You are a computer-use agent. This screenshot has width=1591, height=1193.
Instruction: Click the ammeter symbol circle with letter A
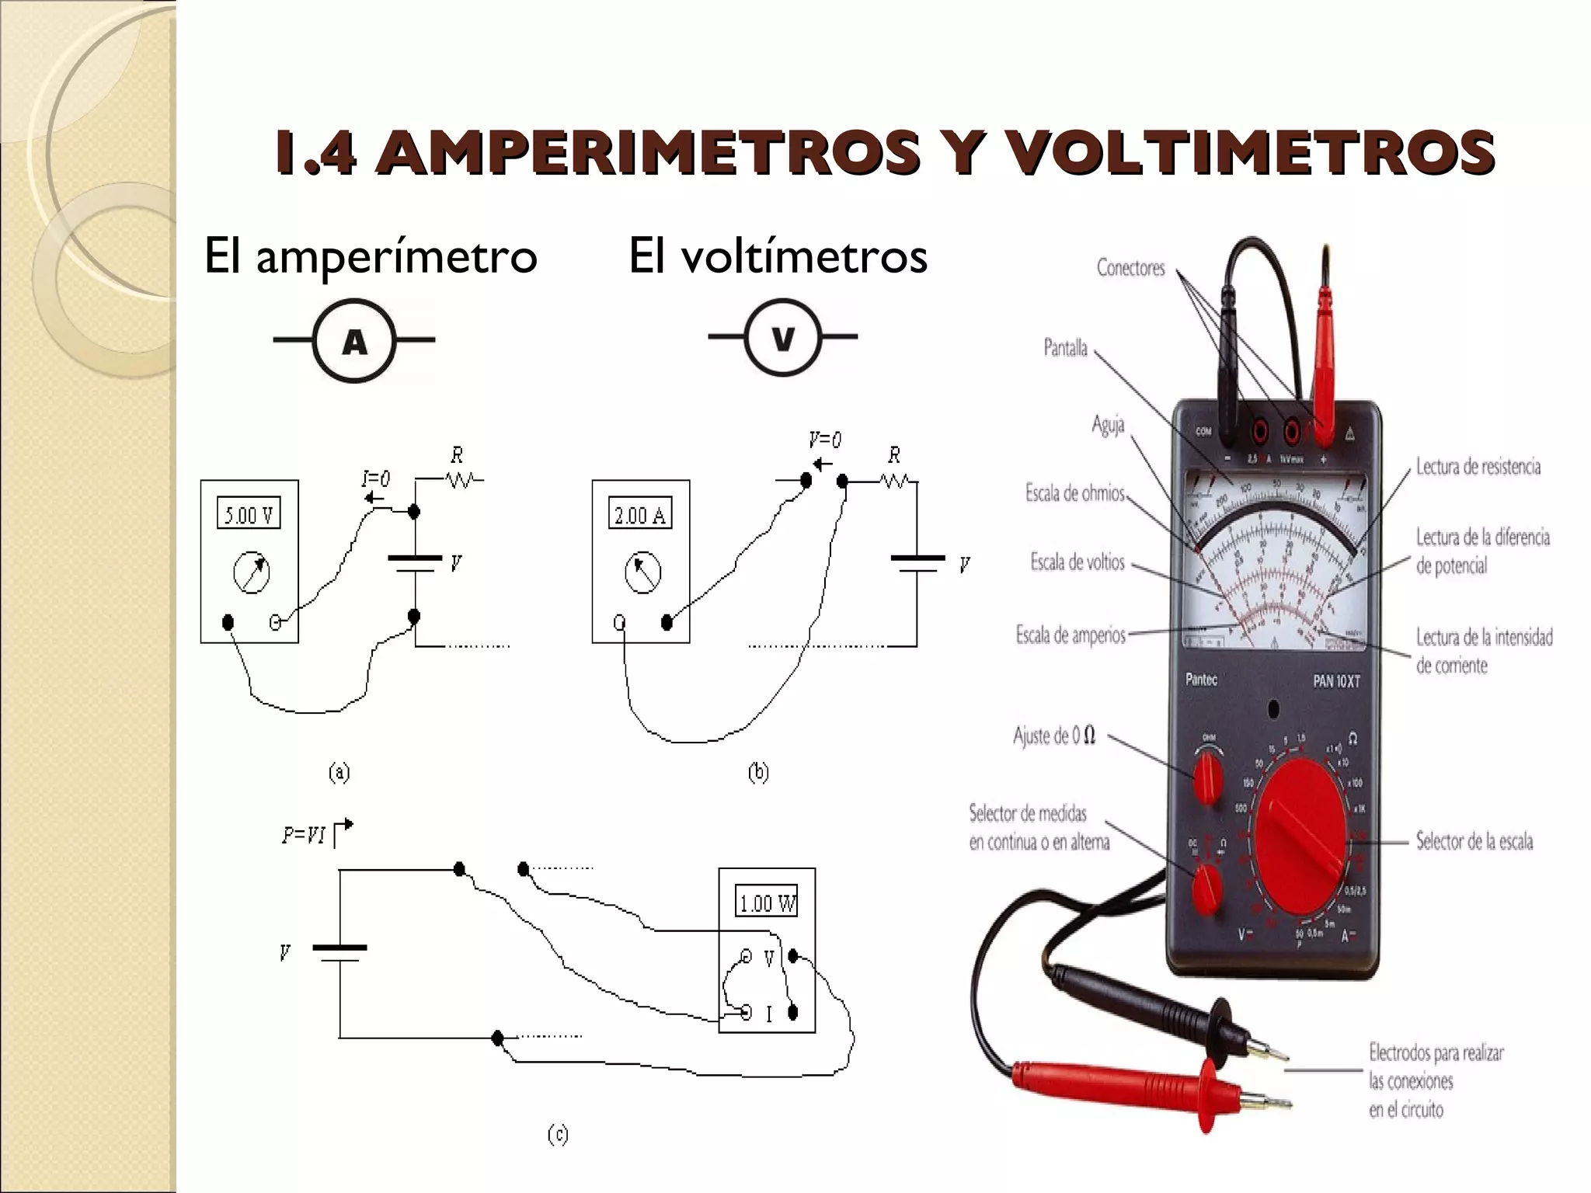tap(354, 340)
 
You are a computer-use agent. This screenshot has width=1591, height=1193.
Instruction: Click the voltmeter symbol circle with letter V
tap(782, 338)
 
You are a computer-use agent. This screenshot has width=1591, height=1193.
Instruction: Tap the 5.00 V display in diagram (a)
tap(249, 514)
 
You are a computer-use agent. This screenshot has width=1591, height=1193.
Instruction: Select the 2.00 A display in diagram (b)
tap(640, 514)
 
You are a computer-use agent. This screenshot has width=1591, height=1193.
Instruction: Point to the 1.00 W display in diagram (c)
tap(767, 903)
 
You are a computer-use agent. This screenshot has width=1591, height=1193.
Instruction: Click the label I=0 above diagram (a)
tap(376, 479)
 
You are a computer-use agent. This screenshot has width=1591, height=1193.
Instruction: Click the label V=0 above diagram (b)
tap(824, 441)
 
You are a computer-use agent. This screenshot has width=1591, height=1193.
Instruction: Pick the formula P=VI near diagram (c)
tap(305, 836)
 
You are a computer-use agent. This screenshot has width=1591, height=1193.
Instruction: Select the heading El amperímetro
tap(370, 256)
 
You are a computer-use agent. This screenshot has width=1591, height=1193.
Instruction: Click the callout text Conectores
tap(1130, 268)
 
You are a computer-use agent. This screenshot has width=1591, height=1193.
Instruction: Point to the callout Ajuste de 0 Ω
tap(1054, 735)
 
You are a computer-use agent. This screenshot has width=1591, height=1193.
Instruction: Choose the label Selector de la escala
tap(1474, 841)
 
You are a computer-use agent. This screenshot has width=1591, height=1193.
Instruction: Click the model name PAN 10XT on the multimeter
tap(1336, 681)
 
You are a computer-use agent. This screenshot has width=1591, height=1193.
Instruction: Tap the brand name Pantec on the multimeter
tap(1201, 680)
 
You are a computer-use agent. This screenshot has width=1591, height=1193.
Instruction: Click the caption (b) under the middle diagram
tap(758, 772)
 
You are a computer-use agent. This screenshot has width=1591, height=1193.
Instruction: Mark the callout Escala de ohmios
tap(1075, 492)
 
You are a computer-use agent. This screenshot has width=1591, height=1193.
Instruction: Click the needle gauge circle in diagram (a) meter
tap(251, 573)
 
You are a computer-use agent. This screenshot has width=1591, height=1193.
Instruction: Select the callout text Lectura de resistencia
tap(1478, 467)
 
